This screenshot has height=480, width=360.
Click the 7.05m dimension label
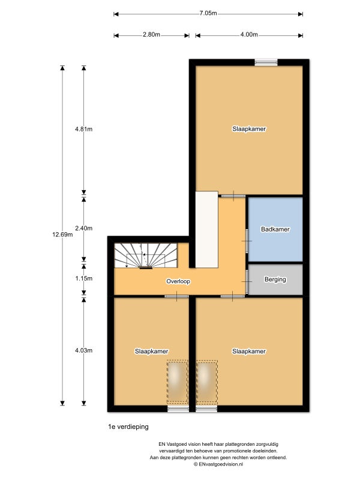tap(208, 13)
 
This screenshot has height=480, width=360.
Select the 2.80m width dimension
tap(151, 35)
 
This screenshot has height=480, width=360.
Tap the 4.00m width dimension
tap(249, 35)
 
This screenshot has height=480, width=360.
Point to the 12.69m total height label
tap(62, 235)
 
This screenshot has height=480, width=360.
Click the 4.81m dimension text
tap(83, 129)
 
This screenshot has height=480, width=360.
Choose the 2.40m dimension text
tap(83, 228)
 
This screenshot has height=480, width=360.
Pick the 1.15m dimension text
tap(83, 278)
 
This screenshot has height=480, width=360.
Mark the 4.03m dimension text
tap(83, 350)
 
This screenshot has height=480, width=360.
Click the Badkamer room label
tap(275, 230)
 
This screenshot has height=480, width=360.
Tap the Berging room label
tap(275, 280)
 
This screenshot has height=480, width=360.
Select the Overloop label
tap(178, 281)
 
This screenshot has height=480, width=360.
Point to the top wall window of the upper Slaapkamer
tap(266, 62)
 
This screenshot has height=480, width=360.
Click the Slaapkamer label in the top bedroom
tap(250, 129)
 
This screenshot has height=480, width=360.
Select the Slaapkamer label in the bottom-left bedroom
tap(151, 351)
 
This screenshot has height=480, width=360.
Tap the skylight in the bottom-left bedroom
tap(178, 381)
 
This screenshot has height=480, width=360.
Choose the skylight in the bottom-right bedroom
tap(206, 381)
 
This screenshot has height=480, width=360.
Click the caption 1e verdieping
tap(128, 427)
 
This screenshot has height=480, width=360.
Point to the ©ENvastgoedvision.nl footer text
tap(218, 464)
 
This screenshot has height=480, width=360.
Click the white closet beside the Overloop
tap(206, 230)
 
